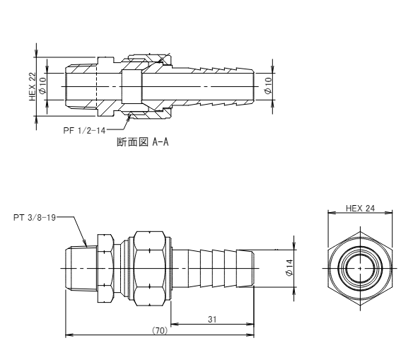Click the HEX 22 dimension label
(32, 86)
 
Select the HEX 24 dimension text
(360, 209)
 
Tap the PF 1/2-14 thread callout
(84, 130)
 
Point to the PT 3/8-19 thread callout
(35, 218)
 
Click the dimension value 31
(212, 319)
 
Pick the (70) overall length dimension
(160, 330)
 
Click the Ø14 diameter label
(289, 268)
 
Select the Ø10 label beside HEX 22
(42, 85)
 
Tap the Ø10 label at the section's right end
(267, 86)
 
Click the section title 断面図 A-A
(142, 142)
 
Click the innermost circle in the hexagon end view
(360, 268)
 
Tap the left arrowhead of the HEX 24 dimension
(331, 213)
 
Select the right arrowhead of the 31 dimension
(251, 324)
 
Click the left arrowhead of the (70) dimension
(69, 335)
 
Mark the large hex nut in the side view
(150, 268)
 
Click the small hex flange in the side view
(105, 268)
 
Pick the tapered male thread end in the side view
(81, 268)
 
